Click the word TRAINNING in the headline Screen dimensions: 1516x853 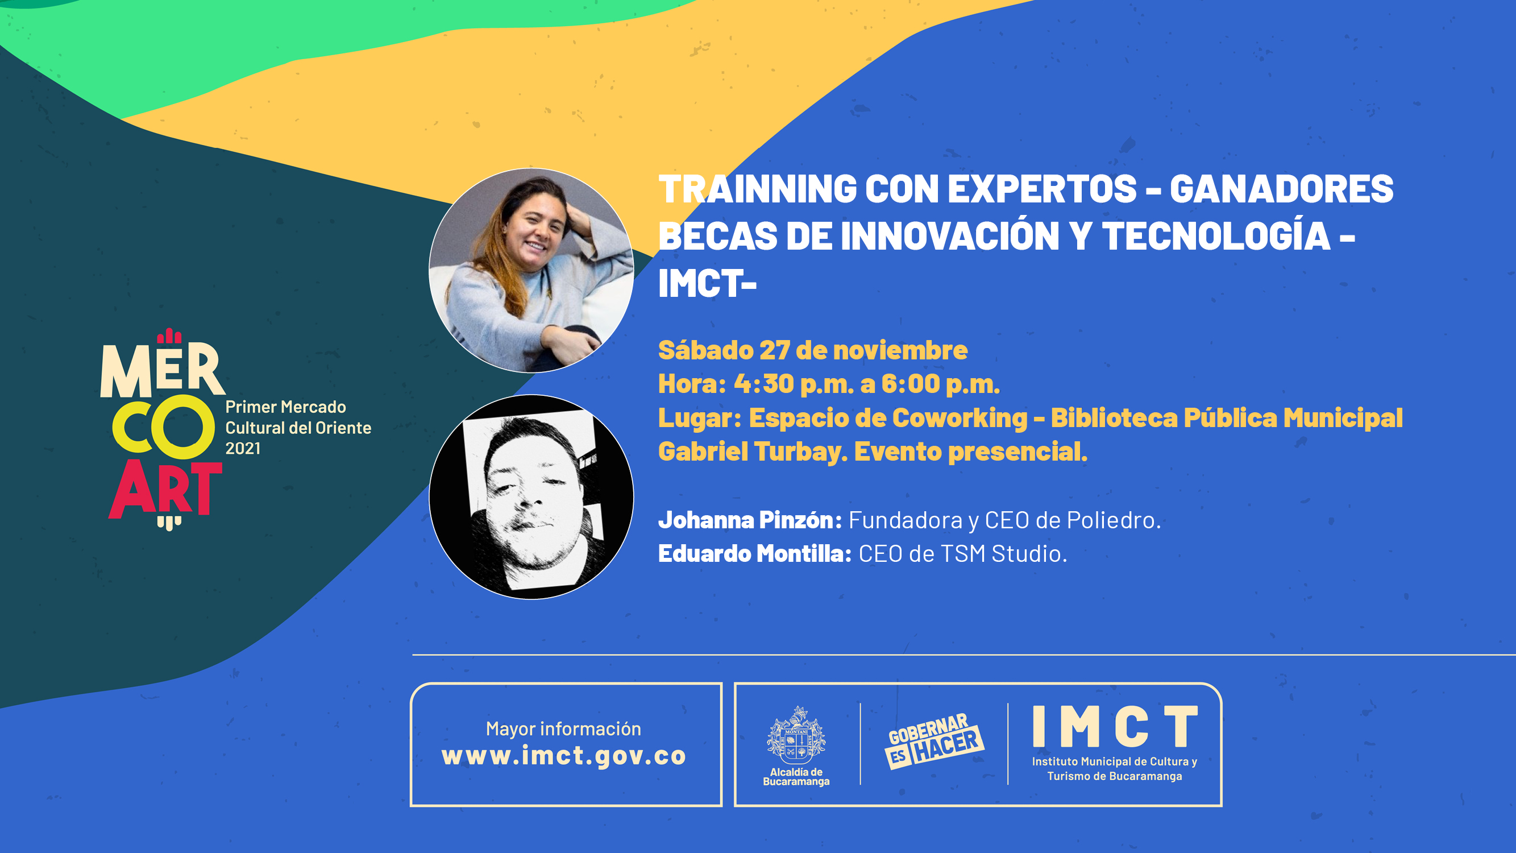(757, 189)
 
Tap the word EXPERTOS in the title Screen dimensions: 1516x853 (1042, 189)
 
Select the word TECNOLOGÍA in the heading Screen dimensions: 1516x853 (1216, 235)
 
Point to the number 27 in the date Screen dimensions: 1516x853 (774, 350)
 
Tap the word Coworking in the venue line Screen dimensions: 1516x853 (960, 419)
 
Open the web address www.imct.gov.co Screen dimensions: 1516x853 (564, 756)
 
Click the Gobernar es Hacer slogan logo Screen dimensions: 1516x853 (934, 740)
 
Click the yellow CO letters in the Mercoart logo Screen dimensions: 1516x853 (164, 427)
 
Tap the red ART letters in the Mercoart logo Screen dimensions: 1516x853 (165, 489)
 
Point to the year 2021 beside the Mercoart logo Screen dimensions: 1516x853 (243, 449)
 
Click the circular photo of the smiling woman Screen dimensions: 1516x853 (531, 270)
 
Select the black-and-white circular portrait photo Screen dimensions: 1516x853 (531, 497)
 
